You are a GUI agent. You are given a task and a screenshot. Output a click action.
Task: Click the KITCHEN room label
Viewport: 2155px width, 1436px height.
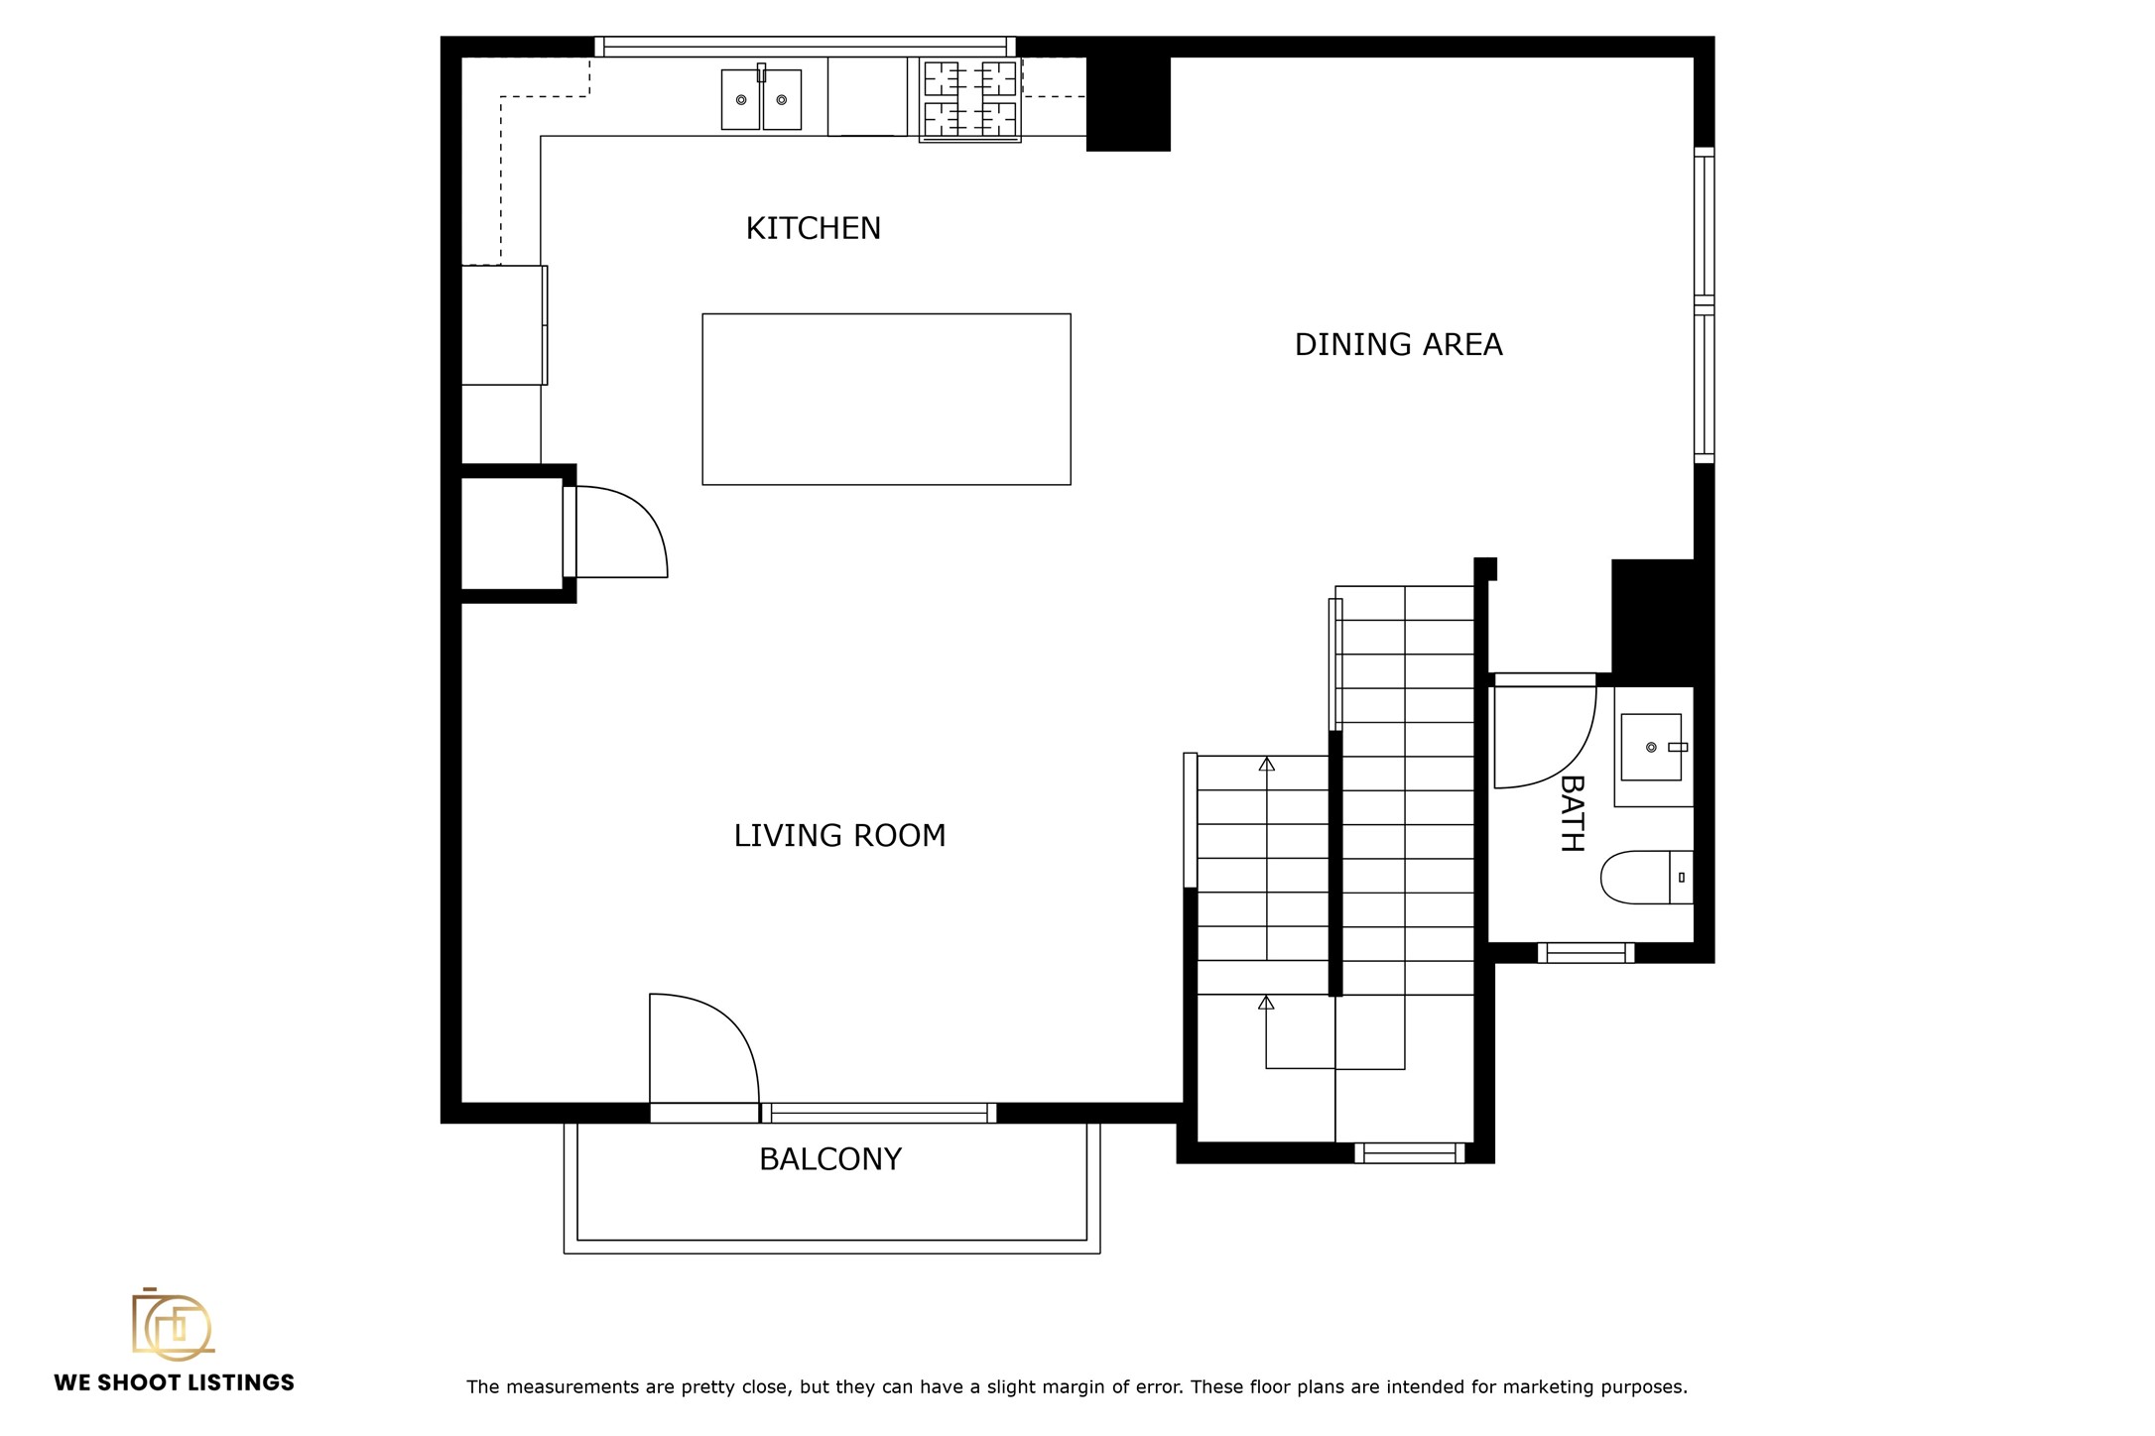813,228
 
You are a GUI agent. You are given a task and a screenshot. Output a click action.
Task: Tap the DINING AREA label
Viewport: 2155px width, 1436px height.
1398,344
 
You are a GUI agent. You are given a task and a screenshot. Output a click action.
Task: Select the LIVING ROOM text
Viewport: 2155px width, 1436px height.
839,835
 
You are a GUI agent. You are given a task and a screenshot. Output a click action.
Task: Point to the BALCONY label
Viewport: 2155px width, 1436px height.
829,1158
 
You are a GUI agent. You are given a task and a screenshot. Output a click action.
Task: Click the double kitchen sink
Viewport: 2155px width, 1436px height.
761,98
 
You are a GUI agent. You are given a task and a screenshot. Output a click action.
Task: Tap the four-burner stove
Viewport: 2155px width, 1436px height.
970,99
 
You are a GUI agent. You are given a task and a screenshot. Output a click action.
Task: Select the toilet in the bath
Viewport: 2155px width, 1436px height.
1647,877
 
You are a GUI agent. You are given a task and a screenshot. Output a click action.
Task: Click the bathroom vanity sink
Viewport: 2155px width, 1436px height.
1651,747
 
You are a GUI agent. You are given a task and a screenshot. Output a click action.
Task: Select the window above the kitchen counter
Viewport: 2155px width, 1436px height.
805,47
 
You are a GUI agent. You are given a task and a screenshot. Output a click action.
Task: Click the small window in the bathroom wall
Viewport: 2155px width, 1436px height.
1585,953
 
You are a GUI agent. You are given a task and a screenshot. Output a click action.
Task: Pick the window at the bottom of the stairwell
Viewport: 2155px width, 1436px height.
1409,1152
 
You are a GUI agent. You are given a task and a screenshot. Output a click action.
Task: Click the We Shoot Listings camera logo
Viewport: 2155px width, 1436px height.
173,1324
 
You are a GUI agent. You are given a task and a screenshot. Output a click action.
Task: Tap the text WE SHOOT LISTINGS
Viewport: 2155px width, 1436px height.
174,1382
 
